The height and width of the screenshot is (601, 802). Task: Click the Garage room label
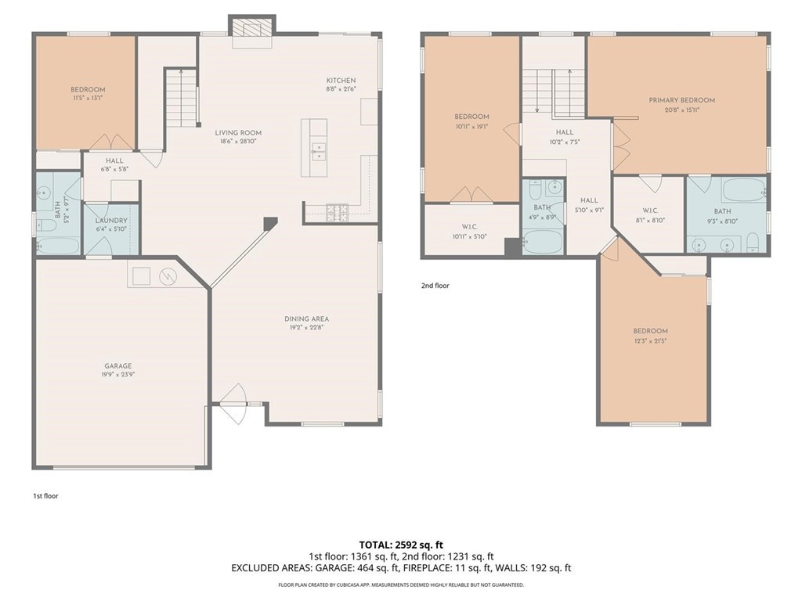pos(118,365)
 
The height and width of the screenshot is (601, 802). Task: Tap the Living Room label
pos(238,132)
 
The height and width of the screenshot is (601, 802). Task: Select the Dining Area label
pos(306,318)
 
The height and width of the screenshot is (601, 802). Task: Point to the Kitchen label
pos(341,80)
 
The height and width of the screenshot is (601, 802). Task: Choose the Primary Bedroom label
pos(681,100)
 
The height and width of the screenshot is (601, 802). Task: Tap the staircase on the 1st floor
pos(180,98)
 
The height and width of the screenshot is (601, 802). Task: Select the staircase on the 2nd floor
pos(553,90)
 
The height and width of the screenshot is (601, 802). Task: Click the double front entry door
pos(233,404)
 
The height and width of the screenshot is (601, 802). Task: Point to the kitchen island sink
pos(319,151)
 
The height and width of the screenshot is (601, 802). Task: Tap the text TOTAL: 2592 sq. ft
pos(400,544)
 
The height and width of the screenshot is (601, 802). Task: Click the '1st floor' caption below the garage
pos(45,495)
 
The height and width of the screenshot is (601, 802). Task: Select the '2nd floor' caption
pos(435,286)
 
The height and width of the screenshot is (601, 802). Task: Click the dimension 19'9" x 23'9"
pos(118,374)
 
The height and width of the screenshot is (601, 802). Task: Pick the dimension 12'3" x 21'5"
pos(651,340)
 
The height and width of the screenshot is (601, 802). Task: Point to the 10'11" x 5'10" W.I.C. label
pos(471,236)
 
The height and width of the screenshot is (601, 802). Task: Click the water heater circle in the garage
pos(167,276)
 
